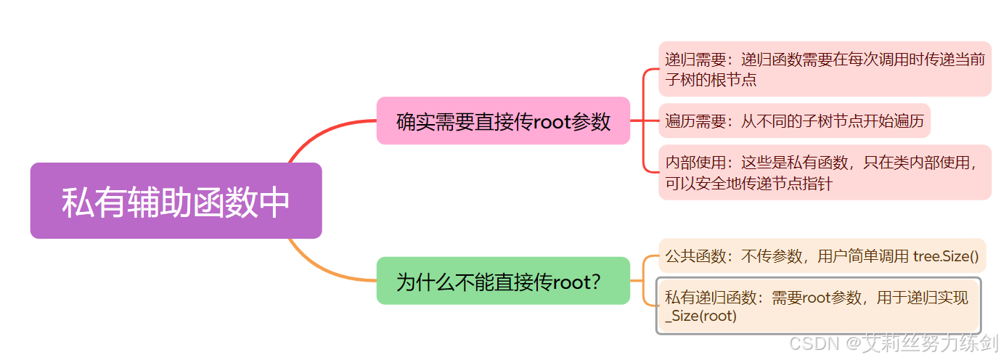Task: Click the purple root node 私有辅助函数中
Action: pyautogui.click(x=176, y=201)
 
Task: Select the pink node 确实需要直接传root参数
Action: pyautogui.click(x=503, y=121)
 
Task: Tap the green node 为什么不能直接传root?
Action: pyautogui.click(x=503, y=281)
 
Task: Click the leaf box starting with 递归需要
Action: pyautogui.click(x=824, y=69)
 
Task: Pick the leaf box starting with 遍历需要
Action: pyautogui.click(x=794, y=121)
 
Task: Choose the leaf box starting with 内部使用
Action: pyautogui.click(x=824, y=173)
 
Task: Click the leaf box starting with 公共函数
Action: pyautogui.click(x=822, y=255)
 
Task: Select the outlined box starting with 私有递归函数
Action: pyautogui.click(x=818, y=306)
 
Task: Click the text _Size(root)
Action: pyautogui.click(x=700, y=316)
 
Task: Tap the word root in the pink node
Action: pyautogui.click(x=552, y=122)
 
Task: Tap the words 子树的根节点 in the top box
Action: pyautogui.click(x=711, y=79)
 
